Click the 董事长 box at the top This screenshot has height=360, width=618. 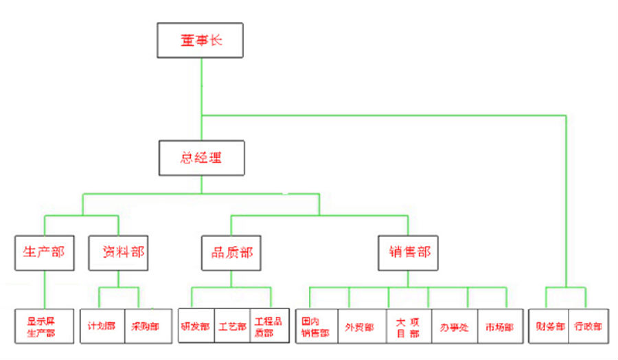click(x=201, y=41)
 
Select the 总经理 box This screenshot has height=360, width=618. click(x=201, y=157)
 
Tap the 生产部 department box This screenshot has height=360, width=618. click(x=44, y=252)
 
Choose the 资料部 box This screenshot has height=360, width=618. click(x=118, y=252)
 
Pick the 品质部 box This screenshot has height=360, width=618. click(x=231, y=252)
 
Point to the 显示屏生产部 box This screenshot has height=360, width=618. click(x=44, y=326)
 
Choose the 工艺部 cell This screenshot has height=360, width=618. click(x=232, y=326)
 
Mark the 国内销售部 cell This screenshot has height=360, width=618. click(x=317, y=326)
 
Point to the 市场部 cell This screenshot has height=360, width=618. click(x=498, y=326)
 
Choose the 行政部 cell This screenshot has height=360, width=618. click(x=588, y=326)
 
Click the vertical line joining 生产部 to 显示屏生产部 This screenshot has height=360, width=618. click(x=45, y=289)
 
